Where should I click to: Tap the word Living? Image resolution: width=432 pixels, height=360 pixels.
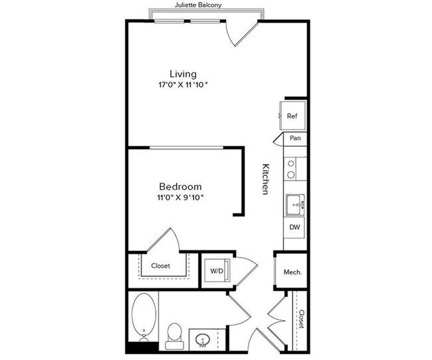click(183, 74)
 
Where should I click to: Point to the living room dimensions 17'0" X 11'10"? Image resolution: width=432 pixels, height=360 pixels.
click(183, 86)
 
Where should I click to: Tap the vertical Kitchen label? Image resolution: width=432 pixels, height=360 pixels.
click(265, 179)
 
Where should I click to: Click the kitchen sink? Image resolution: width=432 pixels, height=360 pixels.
click(294, 205)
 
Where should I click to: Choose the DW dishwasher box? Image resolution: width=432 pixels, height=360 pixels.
click(294, 227)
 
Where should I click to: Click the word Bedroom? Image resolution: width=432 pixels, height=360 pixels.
click(179, 187)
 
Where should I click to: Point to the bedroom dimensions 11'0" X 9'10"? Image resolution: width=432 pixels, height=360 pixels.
click(179, 198)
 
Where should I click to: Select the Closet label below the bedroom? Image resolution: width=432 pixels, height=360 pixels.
click(160, 266)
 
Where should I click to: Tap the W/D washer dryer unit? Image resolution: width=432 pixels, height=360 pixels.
click(217, 270)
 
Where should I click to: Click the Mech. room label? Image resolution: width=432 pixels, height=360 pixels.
click(293, 271)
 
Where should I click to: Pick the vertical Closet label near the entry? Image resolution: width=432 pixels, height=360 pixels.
click(301, 319)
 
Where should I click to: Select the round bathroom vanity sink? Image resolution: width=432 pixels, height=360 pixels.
click(202, 341)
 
